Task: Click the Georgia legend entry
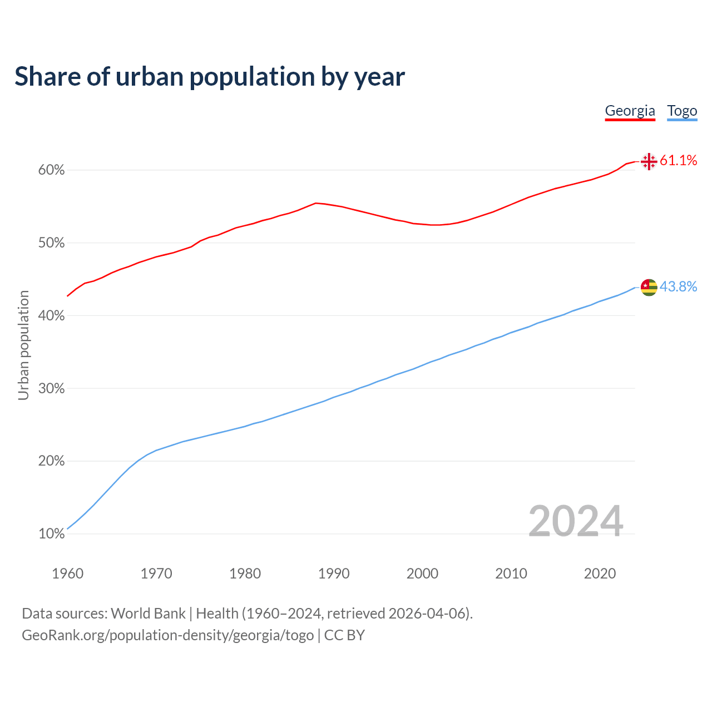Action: point(630,111)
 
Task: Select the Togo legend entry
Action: point(682,111)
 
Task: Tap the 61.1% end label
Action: point(678,161)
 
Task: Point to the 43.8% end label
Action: point(678,286)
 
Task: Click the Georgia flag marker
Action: point(649,161)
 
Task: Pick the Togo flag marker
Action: point(649,287)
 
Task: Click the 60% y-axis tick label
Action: point(51,170)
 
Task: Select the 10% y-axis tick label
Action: point(51,534)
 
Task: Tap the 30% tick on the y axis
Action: point(51,388)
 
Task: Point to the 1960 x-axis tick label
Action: point(67,573)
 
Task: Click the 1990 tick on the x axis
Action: point(334,573)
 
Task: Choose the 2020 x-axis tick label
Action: point(600,573)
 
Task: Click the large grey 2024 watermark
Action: point(575,521)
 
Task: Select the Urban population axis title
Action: point(23,345)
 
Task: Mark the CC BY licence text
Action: point(344,635)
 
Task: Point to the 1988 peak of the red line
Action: point(315,203)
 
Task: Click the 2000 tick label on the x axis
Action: point(422,573)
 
